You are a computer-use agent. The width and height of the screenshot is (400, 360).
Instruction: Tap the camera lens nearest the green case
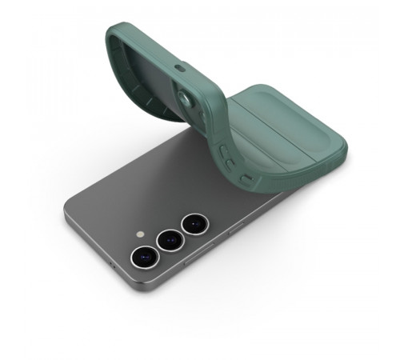pos(194,223)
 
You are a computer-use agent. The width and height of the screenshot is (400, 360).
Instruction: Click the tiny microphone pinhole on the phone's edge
pos(112,265)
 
